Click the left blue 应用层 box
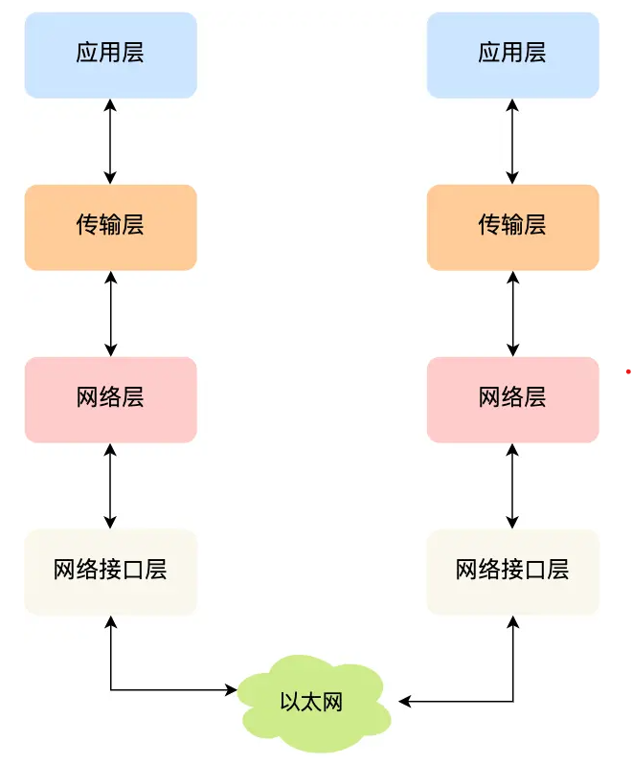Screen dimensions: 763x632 110,55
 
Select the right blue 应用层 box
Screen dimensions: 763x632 512,55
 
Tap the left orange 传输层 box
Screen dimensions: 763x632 110,227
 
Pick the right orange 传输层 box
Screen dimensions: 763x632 512,227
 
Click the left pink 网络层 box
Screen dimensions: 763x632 110,399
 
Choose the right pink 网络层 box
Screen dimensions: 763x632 512,399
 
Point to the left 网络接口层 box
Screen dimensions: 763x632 110,572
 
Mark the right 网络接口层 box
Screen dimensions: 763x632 512,572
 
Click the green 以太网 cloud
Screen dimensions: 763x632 312,702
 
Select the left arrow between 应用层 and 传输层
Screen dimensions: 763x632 110,141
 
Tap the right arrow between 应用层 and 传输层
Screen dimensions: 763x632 512,141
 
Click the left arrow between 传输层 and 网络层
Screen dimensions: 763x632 110,313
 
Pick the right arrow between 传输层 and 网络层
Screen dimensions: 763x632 512,313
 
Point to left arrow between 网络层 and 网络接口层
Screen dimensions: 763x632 110,485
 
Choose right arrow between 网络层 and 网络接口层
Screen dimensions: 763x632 512,485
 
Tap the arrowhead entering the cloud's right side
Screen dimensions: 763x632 404,702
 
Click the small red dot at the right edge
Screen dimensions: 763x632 628,370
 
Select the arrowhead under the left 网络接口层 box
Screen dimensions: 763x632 111,623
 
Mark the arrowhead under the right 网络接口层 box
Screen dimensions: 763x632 513,623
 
